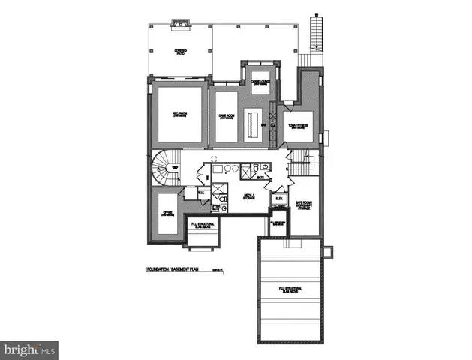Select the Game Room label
tap(227, 116)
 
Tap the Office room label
tap(168, 214)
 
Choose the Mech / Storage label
tap(247, 196)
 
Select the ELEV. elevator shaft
tap(278, 199)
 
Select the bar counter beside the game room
tap(254, 121)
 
